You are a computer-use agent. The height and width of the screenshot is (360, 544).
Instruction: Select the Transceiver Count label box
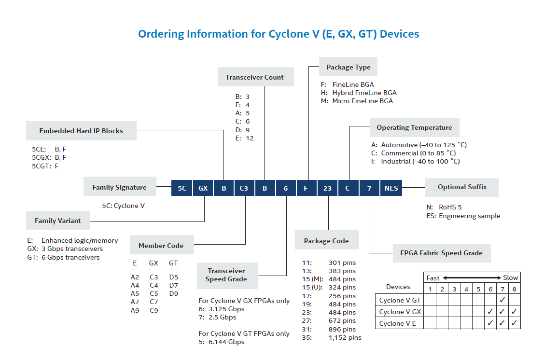[254, 77]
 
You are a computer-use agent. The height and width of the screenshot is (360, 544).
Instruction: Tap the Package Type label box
[349, 67]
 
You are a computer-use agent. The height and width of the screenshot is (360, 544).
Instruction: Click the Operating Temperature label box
[414, 128]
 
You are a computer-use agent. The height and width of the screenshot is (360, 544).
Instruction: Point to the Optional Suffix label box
[462, 187]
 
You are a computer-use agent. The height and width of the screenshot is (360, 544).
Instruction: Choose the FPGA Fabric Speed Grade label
[441, 253]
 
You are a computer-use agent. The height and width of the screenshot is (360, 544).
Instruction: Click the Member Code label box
[161, 246]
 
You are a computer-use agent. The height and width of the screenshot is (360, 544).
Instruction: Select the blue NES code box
[391, 188]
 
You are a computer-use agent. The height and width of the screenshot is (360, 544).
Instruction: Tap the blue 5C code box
[182, 188]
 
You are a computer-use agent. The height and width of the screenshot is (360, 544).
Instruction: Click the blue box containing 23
[327, 188]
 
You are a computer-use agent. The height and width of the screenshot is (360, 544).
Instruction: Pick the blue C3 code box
[244, 188]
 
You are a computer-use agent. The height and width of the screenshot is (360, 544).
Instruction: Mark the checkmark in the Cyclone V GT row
[502, 300]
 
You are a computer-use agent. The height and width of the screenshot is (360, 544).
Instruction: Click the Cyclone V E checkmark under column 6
[490, 323]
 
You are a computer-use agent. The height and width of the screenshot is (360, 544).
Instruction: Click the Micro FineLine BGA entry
[362, 101]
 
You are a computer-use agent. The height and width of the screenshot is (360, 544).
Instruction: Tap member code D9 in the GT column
[173, 293]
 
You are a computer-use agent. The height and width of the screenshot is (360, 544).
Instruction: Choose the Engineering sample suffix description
[469, 216]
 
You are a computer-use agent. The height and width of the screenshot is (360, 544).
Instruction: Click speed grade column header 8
[515, 289]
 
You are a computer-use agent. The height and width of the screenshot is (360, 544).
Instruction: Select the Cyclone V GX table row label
[400, 312]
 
